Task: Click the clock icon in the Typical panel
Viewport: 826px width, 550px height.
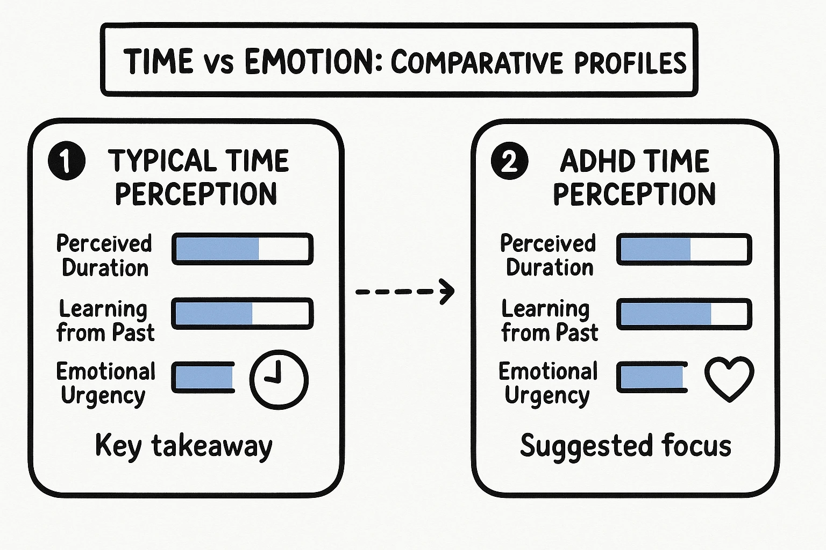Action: pos(279,379)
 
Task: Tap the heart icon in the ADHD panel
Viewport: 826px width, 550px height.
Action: pos(729,378)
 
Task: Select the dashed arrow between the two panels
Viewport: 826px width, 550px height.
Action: pos(405,292)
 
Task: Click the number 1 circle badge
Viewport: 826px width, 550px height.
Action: pos(67,161)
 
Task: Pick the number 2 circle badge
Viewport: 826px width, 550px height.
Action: pos(509,161)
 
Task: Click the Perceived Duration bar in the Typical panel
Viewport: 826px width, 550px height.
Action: pos(243,249)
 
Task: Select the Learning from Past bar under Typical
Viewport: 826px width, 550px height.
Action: pos(243,314)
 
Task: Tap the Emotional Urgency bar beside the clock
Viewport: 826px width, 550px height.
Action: pos(204,378)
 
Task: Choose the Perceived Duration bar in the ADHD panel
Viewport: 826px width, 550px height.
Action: pos(684,249)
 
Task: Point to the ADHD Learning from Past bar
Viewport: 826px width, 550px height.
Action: pos(684,314)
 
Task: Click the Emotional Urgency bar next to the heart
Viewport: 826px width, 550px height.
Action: pos(652,378)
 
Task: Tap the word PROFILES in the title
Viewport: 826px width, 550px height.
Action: pos(630,63)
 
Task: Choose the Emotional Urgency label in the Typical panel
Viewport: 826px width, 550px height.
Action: pos(105,383)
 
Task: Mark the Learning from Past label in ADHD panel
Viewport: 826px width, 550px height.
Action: pos(549,321)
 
